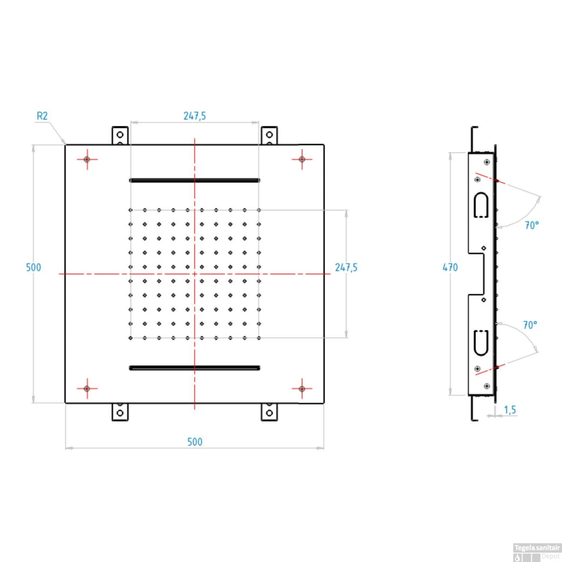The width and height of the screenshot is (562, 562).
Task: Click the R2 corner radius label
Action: click(42, 116)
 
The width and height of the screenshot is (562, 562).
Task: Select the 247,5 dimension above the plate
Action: click(194, 116)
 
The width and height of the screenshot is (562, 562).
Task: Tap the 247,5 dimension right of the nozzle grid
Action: click(346, 268)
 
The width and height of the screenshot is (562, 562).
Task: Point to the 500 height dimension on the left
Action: click(33, 268)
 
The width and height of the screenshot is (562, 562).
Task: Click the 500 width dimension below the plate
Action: click(194, 442)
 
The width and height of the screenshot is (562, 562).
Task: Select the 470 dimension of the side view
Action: click(450, 268)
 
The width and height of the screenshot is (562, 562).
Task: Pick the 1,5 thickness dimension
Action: click(510, 410)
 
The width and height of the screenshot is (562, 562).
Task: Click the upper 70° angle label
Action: click(531, 225)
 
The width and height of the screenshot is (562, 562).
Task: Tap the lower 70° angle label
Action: click(530, 325)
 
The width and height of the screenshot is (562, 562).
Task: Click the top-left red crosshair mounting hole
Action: click(87, 159)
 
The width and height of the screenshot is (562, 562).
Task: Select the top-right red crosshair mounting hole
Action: click(302, 159)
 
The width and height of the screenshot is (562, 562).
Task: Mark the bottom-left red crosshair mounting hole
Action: click(87, 389)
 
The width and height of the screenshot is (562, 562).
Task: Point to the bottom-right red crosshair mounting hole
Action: click(302, 389)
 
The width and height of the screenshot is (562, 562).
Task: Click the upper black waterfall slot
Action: click(194, 180)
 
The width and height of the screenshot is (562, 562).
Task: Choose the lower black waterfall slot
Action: click(194, 368)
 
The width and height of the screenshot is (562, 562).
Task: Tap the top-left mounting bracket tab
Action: click(120, 135)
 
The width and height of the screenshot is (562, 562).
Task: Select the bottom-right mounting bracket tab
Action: click(269, 412)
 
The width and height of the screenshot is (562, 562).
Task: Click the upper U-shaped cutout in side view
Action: click(481, 205)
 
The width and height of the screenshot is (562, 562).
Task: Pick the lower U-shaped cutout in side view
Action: click(481, 342)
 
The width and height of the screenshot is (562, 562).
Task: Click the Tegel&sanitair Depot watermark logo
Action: click(537, 552)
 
